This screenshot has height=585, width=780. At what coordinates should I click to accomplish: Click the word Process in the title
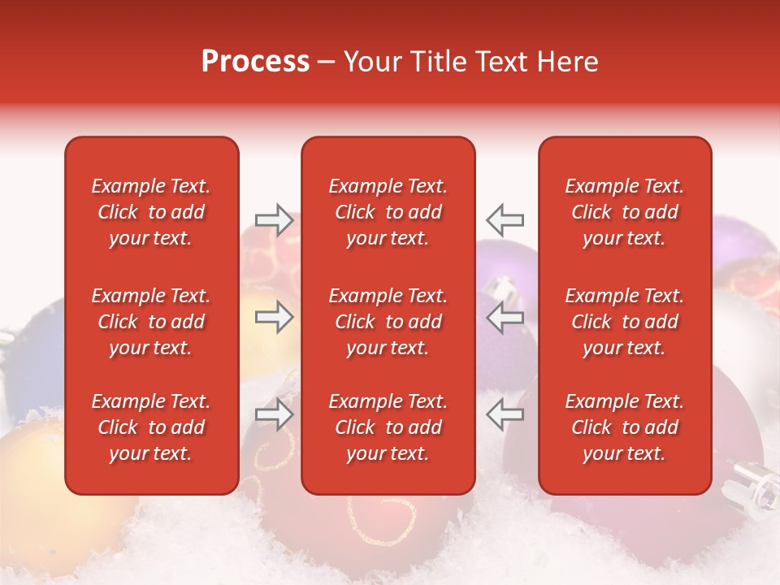(255, 62)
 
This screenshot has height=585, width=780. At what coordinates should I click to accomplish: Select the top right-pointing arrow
(275, 219)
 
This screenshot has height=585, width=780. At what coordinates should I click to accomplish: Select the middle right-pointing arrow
(275, 317)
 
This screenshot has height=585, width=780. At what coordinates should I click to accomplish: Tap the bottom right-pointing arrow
(275, 415)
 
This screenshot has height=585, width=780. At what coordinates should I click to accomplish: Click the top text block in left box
(151, 212)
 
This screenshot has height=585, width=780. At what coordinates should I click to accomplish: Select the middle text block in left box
(151, 322)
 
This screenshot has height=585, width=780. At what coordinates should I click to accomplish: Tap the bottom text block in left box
(151, 427)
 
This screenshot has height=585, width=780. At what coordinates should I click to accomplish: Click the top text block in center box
(388, 212)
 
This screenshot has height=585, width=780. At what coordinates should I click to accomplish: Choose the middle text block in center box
(388, 322)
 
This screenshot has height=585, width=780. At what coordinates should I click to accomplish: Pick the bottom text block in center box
(388, 427)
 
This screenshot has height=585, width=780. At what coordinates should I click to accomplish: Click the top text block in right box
(625, 212)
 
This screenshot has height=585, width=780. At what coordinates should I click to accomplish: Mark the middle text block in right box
(625, 322)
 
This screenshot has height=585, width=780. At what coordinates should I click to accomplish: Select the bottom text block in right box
(625, 427)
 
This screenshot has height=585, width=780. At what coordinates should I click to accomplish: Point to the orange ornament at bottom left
(32, 487)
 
